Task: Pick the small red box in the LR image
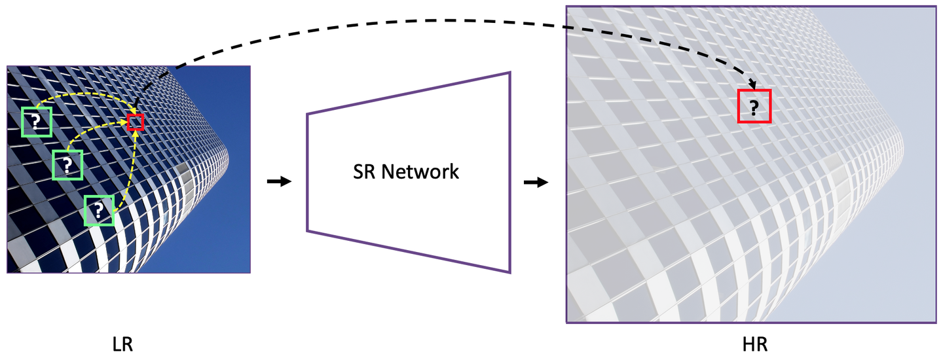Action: coord(135,122)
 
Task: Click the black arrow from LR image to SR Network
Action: coord(279,181)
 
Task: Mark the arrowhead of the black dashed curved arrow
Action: coord(752,82)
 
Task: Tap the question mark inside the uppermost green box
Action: coord(36,121)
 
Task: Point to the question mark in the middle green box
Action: coord(67,164)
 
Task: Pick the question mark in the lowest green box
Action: coord(98,210)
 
